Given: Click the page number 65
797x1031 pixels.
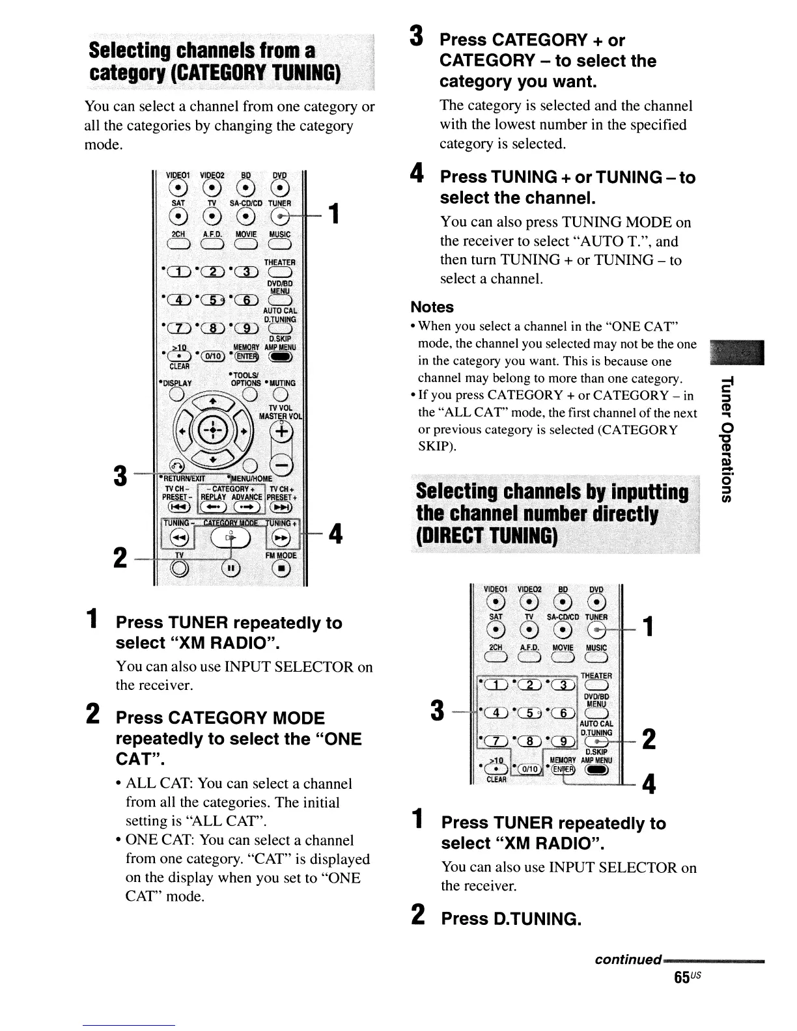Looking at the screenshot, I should (682, 978).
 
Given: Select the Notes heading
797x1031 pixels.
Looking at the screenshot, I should (432, 307).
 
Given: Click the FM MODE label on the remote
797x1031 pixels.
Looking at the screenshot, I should (281, 556).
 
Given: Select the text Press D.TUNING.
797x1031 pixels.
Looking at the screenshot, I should (510, 919).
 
